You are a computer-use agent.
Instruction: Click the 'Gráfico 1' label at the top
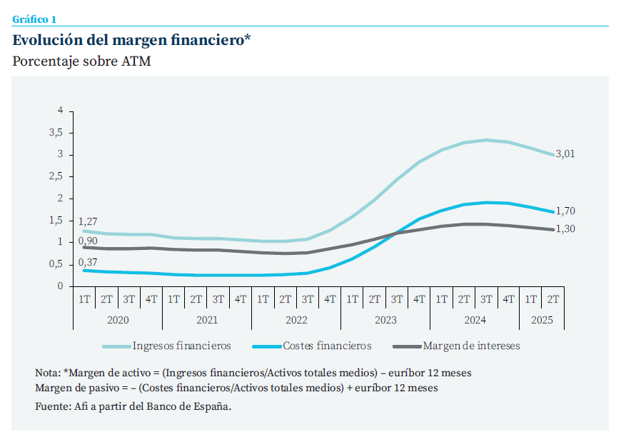pyautogui.click(x=34, y=19)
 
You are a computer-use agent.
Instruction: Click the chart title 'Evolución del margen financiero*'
pyautogui.click(x=131, y=40)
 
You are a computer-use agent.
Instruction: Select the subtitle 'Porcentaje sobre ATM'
pyautogui.click(x=81, y=61)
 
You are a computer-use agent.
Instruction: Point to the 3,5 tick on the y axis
pyautogui.click(x=56, y=133)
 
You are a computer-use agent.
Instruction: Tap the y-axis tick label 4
pyautogui.click(x=61, y=111)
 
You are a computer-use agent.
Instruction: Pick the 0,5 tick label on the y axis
pyautogui.click(x=56, y=264)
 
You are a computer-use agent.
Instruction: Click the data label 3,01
pyautogui.click(x=565, y=154)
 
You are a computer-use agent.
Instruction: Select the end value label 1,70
pyautogui.click(x=565, y=211)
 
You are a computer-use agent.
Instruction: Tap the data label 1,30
pyautogui.click(x=565, y=228)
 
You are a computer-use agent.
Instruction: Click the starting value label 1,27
pyautogui.click(x=88, y=221)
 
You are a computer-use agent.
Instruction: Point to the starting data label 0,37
pyautogui.click(x=88, y=262)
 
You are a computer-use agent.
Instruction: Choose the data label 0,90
pyautogui.click(x=88, y=241)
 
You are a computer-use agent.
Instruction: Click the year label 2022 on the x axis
pyautogui.click(x=296, y=320)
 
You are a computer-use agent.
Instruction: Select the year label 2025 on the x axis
pyautogui.click(x=542, y=320)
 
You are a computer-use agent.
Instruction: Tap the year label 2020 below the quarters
pyautogui.click(x=118, y=320)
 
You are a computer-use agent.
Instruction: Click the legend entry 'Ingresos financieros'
pyautogui.click(x=181, y=346)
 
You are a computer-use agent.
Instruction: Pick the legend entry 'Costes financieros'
pyautogui.click(x=327, y=346)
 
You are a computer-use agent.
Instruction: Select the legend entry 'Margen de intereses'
pyautogui.click(x=471, y=346)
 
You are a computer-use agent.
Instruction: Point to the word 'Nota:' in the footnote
pyautogui.click(x=47, y=373)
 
